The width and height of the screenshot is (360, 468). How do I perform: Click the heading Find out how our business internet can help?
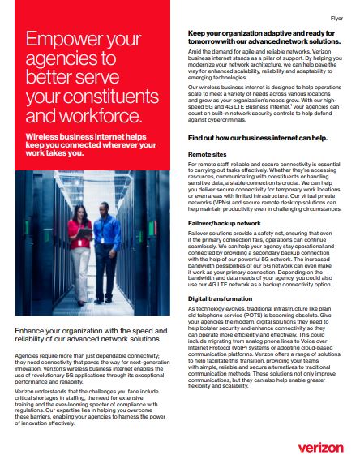(255, 137)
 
